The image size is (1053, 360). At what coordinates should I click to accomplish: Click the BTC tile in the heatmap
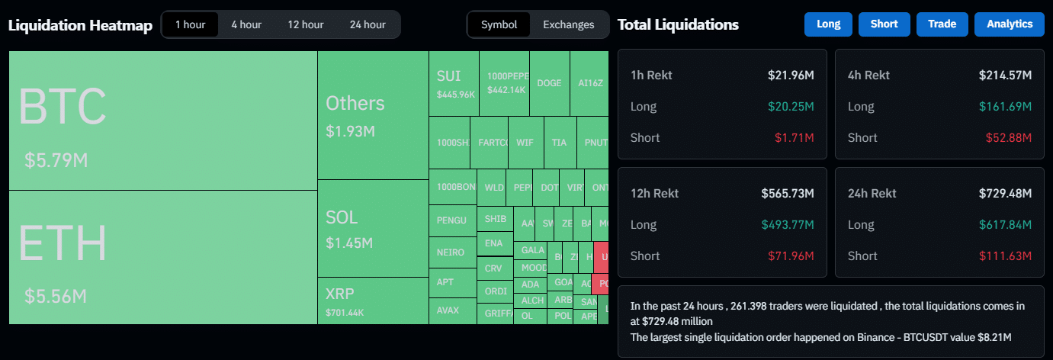[x=162, y=121]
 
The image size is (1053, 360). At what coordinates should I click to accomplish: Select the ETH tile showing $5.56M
[x=162, y=257]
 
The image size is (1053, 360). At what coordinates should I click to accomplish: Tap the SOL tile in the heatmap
[x=372, y=228]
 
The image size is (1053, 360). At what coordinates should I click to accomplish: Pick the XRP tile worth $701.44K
[x=372, y=301]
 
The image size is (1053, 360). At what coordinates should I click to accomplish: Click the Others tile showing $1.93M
[x=372, y=115]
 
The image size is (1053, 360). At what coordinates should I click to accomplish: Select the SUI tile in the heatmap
[x=453, y=83]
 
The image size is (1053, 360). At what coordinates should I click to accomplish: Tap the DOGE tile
[x=549, y=83]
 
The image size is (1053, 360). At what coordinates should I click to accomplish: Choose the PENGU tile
[x=451, y=220]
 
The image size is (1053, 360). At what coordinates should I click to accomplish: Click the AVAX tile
[x=451, y=310]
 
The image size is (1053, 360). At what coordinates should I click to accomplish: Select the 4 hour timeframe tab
[x=246, y=24]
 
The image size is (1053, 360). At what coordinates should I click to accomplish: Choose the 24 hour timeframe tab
[x=368, y=24]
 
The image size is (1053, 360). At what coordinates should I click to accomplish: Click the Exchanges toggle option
[x=568, y=24]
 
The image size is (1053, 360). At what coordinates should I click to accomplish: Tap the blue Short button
[x=884, y=24]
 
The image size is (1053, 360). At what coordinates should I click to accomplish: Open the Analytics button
[x=1009, y=24]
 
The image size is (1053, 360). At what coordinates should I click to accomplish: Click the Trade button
[x=942, y=24]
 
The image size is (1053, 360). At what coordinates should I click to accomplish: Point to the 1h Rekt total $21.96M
[x=791, y=76]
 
